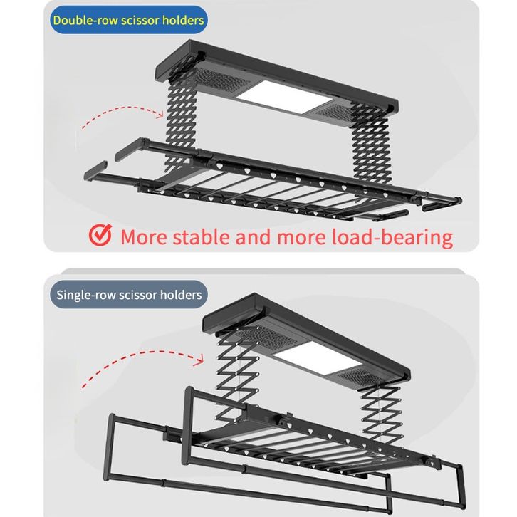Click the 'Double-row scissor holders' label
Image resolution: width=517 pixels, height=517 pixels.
click(x=127, y=20)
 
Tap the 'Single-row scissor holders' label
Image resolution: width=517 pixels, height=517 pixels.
click(x=128, y=294)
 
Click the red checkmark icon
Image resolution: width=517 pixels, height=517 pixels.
click(x=101, y=235)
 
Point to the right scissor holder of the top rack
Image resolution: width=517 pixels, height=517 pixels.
click(x=368, y=150)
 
